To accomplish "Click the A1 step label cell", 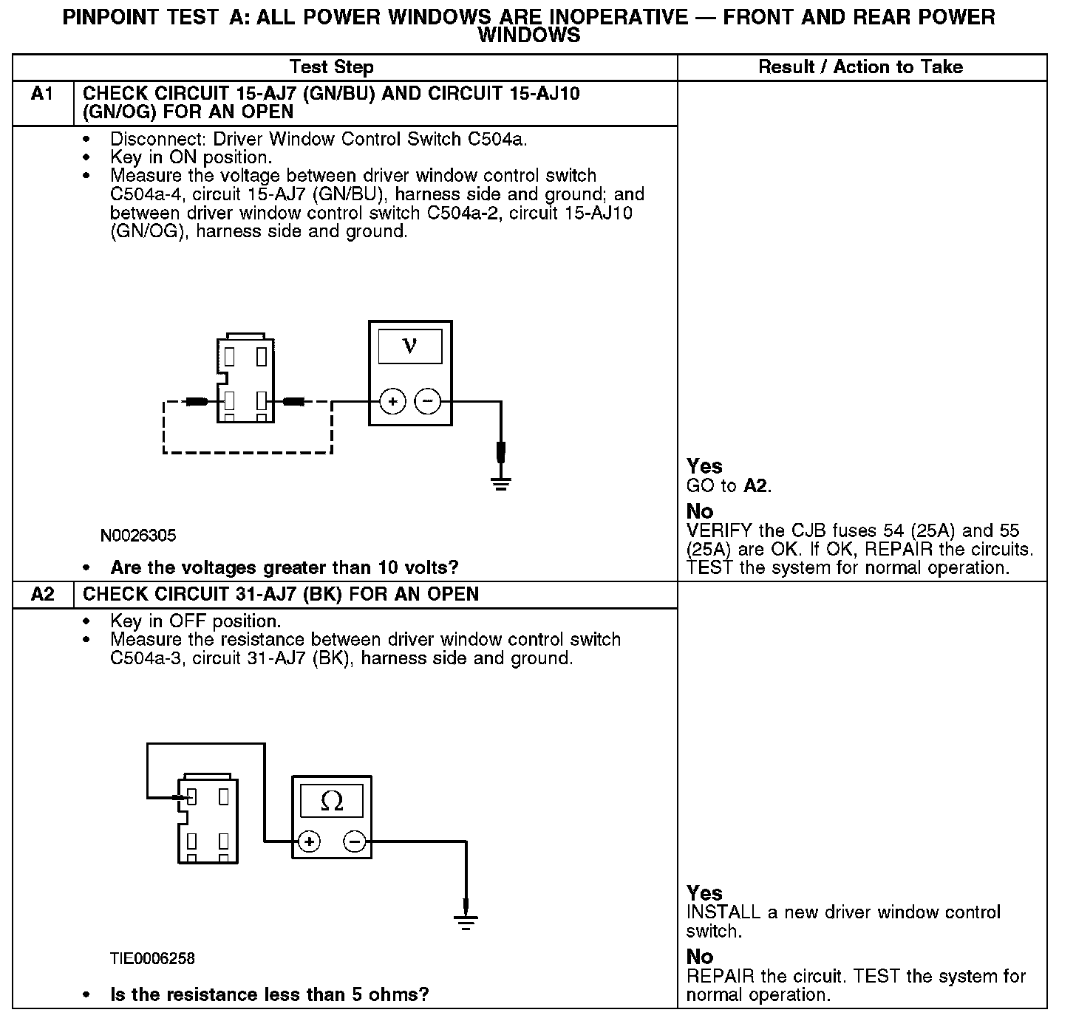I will coord(42,95).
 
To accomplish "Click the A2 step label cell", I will coord(42,594).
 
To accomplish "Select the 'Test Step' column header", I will coord(331,67).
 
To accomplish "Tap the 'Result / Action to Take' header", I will coord(860,67).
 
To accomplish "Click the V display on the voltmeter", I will coord(410,346).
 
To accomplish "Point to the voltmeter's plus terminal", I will coord(392,402).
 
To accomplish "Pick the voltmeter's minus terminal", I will coord(427,402).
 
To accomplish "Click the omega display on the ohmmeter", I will coord(332,801).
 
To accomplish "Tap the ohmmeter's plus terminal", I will coord(309,841).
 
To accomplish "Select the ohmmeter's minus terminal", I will coord(355,841).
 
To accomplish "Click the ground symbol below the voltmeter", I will coord(501,484).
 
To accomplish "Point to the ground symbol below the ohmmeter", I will coord(466,922).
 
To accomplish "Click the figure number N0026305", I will coord(138,536).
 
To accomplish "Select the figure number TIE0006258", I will coord(152,959).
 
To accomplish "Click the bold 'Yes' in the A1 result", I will coord(704,466).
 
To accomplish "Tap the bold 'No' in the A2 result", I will coord(700,957).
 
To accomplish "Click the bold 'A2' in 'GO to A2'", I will coord(756,486).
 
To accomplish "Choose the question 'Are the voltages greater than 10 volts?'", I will coord(285,568).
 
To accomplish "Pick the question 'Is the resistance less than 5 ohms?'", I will coord(269,995).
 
